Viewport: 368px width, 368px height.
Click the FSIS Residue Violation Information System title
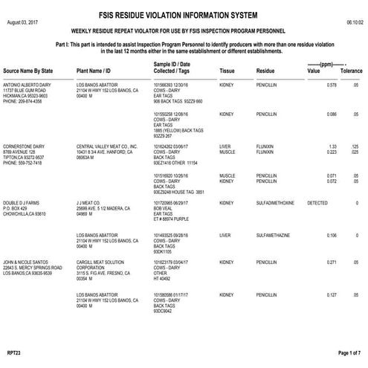184,14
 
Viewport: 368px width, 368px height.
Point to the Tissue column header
227,71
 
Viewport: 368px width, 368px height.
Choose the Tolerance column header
351,71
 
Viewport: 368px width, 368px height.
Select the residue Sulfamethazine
272,235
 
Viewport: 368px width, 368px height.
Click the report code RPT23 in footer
12,352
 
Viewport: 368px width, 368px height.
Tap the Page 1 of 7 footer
349,352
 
